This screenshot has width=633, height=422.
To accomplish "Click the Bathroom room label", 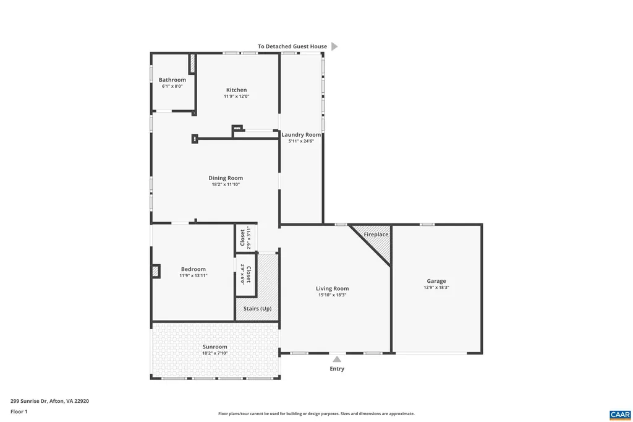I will click(172, 80).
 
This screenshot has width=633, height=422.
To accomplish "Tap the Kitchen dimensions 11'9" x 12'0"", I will click(236, 97).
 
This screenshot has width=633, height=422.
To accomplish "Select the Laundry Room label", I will click(301, 135).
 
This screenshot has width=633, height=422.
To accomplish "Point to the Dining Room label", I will click(225, 178).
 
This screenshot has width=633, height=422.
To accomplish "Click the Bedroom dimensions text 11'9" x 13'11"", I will click(193, 275).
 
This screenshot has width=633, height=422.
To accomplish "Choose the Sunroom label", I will click(215, 347).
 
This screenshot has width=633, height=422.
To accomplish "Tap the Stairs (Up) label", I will click(257, 308).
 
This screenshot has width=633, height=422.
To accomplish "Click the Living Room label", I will click(332, 288).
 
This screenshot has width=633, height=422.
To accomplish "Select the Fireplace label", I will click(376, 235).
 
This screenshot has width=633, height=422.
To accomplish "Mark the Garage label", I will click(436, 281).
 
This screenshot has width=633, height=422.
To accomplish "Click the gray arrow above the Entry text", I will click(336, 359).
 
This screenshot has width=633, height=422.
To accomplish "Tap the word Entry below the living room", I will click(336, 369).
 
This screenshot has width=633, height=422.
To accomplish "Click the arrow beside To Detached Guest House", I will click(334, 46).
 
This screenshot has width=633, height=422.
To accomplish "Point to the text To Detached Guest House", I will click(292, 46).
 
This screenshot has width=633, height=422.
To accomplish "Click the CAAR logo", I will click(619, 414).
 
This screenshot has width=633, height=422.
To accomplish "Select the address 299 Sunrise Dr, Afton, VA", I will click(49, 401).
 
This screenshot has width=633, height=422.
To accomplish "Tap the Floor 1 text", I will click(19, 411).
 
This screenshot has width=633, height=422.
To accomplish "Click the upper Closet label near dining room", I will click(242, 238).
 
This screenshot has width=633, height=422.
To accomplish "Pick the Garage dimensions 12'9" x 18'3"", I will click(436, 288).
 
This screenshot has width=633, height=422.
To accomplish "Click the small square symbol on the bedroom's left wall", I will click(156, 271).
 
